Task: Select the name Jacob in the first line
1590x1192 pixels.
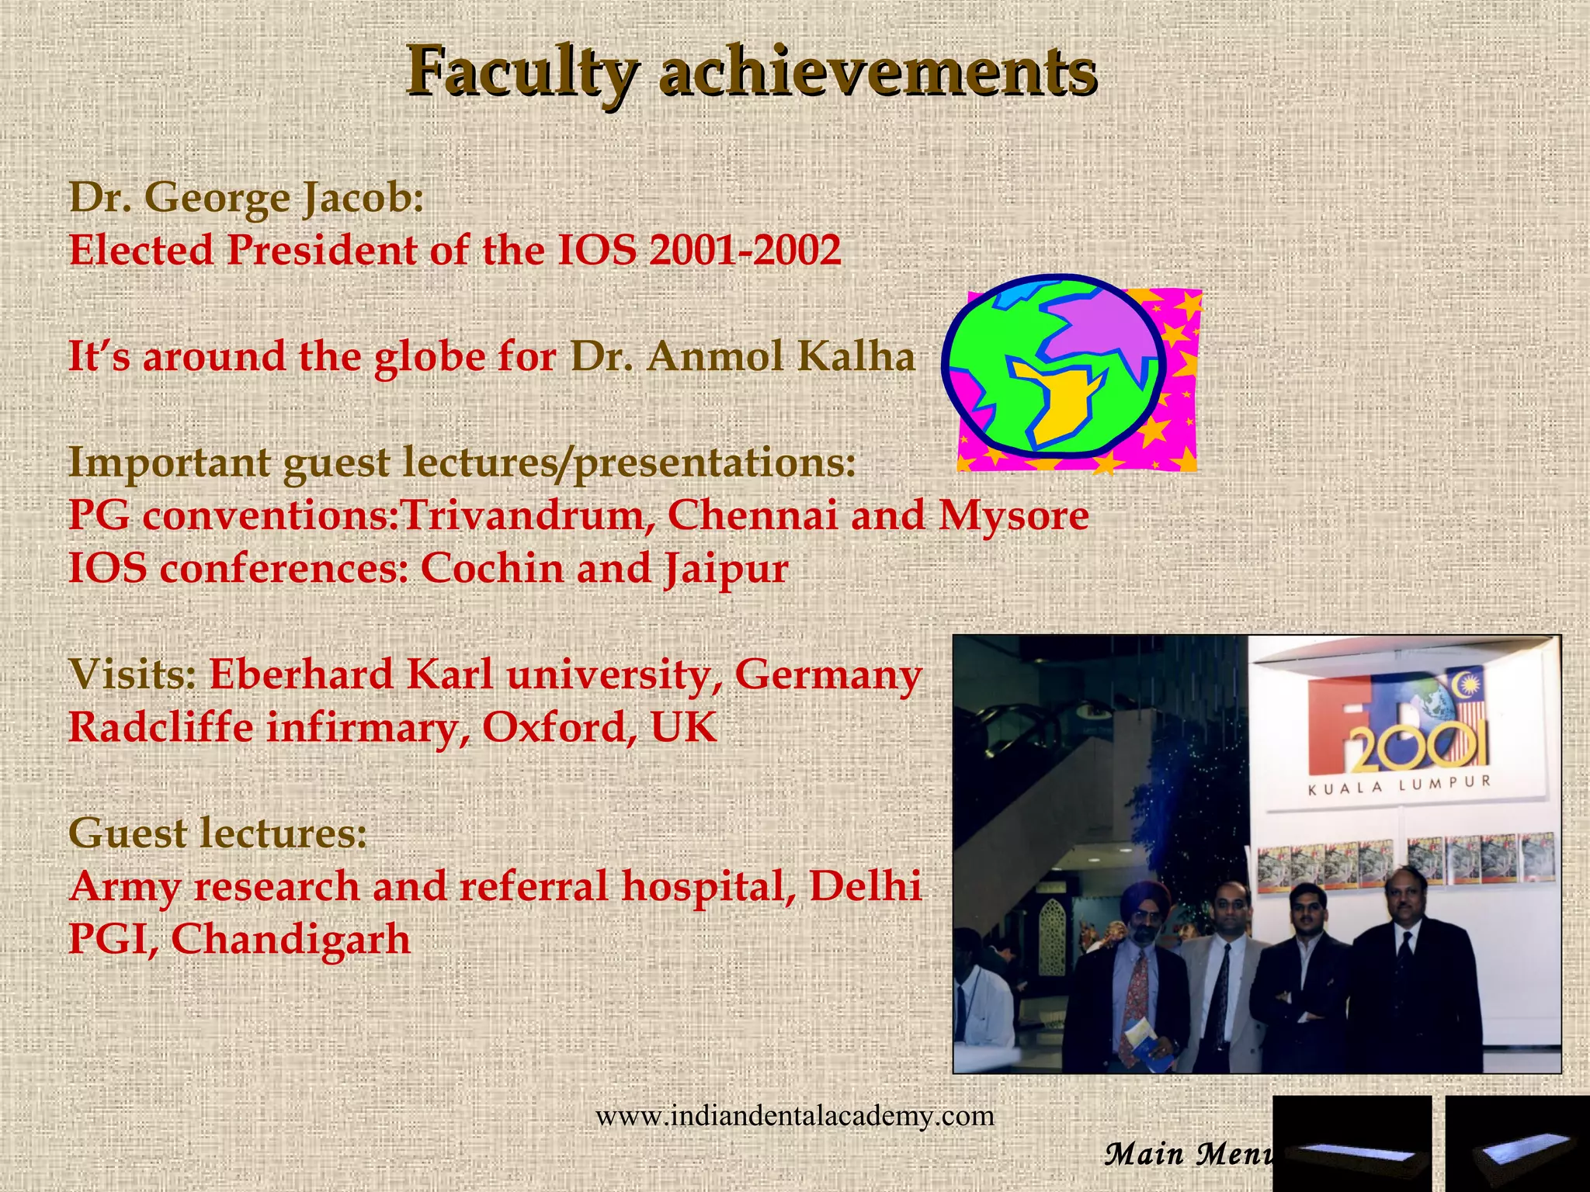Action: [x=362, y=198]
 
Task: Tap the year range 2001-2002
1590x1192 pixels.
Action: [x=745, y=251]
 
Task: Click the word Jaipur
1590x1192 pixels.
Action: [x=726, y=569]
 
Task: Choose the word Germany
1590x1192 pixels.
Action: [x=828, y=674]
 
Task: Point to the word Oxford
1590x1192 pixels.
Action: [x=554, y=728]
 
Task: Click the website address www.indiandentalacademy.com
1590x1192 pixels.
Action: [x=794, y=1116]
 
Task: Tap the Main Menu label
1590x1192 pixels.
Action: [x=1188, y=1154]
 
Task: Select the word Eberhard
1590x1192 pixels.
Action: [x=300, y=674]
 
